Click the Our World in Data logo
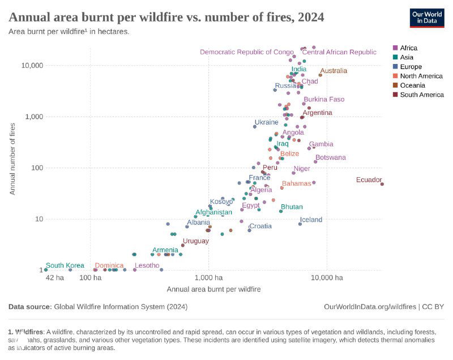click(x=427, y=18)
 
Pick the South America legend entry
click(x=421, y=95)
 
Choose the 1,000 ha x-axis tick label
click(x=208, y=278)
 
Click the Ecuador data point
click(x=382, y=184)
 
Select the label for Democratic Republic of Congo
click(x=247, y=52)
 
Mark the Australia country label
click(x=334, y=71)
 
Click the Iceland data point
click(x=300, y=224)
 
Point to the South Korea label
click(x=65, y=265)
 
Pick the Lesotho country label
click(x=147, y=265)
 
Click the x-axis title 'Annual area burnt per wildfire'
click(x=213, y=289)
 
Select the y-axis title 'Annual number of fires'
click(x=12, y=158)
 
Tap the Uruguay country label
click(x=195, y=241)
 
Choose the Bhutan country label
click(x=292, y=207)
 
